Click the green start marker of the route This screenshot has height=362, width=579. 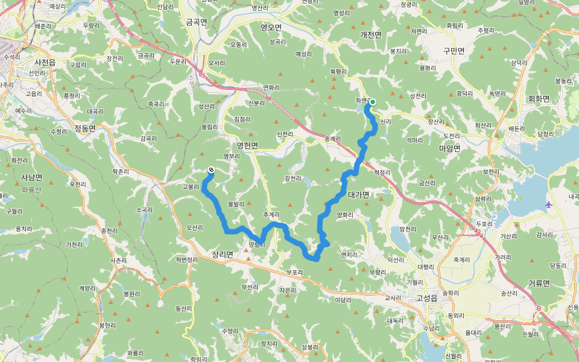tap(373, 102)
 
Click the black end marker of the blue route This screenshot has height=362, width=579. tap(211, 170)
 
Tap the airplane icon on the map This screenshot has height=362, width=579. tap(548, 205)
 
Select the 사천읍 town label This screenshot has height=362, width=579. tap(45, 63)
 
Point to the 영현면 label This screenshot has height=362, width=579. tap(247, 145)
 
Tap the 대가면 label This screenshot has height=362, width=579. tap(359, 194)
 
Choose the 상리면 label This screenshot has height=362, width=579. tap(223, 255)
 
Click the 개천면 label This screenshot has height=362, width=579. tap(371, 35)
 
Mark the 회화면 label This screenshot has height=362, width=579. tap(539, 98)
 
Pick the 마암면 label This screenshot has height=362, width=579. tap(449, 148)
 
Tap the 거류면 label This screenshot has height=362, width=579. tap(539, 283)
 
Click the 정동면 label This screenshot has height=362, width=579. tap(85, 128)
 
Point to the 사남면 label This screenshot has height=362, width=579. tap(31, 177)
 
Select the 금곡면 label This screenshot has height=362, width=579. tap(197, 21)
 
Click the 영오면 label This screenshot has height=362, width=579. tap(271, 27)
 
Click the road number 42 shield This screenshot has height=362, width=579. tap(478, 230)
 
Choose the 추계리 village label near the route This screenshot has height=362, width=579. tap(271, 215)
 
